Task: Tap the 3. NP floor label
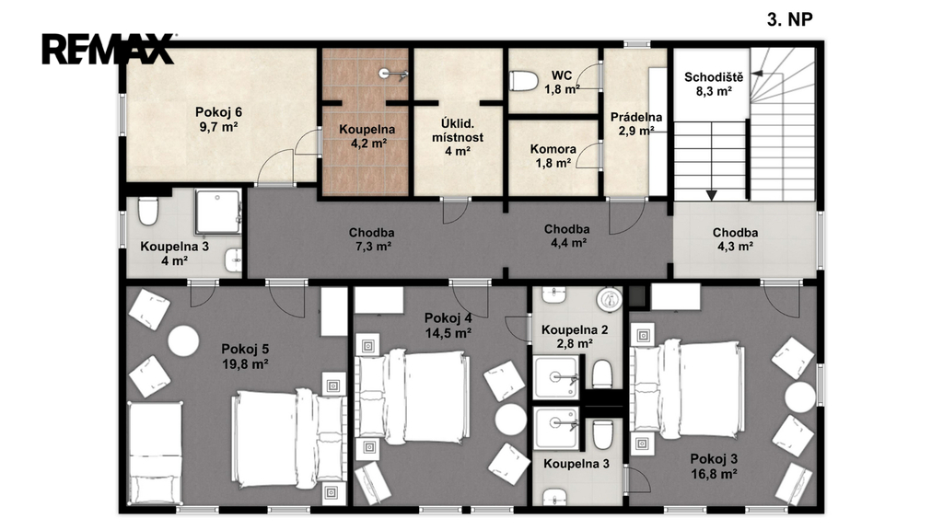coord(789,20)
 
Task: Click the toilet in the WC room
coord(524,81)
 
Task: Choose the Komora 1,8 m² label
coord(553,156)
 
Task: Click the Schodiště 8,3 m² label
coord(714,84)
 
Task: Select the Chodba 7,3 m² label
coord(372,239)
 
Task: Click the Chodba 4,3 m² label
coord(735,239)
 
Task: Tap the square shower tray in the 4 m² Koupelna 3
coord(217,212)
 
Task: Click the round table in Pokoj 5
coord(183,341)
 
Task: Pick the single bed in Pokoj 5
coord(156,454)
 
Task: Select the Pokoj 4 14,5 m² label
coord(448,326)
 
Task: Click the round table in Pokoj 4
coord(510,420)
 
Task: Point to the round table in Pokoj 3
coord(800,397)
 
